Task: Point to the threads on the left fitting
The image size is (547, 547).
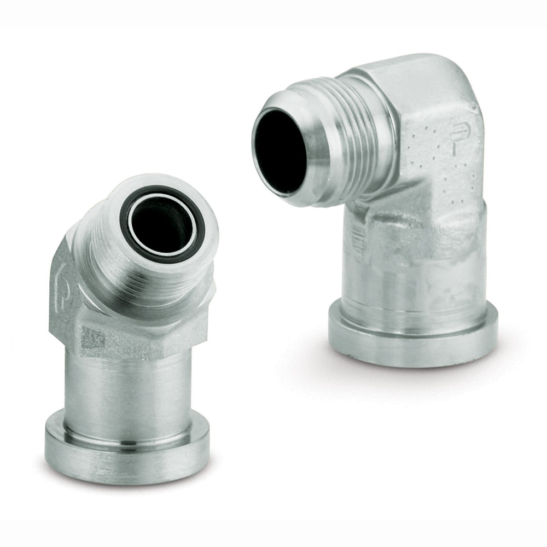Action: [148, 284]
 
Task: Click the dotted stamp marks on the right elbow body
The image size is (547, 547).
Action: [432, 164]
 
